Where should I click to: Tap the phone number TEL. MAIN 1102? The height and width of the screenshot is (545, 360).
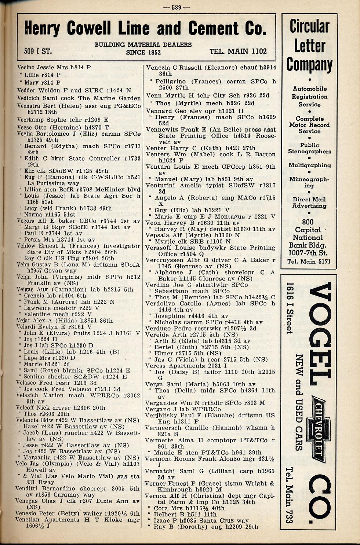[238, 51]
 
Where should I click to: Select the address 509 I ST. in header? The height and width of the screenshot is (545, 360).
[38, 51]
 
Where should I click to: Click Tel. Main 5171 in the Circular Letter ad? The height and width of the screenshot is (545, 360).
[309, 261]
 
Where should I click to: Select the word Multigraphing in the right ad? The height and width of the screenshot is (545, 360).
[309, 165]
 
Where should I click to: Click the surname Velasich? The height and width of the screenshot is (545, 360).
[28, 395]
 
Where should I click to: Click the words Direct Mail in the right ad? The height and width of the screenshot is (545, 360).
[309, 200]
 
